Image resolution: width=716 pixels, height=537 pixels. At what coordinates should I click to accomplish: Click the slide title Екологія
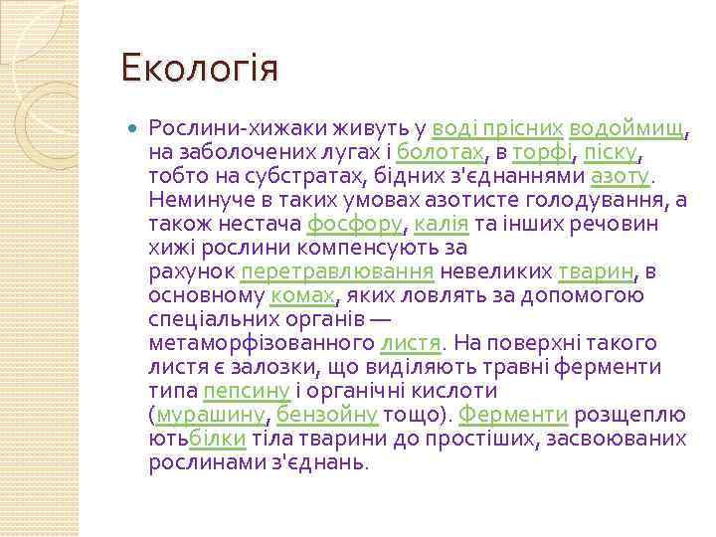(x=199, y=70)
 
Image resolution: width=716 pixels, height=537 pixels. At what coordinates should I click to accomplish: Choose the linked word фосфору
(x=355, y=224)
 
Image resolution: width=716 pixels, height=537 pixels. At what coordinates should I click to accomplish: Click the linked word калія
(x=437, y=224)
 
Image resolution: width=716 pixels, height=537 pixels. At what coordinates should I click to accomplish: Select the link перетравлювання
(x=337, y=271)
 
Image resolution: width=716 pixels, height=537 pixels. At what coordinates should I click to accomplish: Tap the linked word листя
(x=410, y=343)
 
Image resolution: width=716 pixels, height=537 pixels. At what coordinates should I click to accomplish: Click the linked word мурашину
(x=210, y=414)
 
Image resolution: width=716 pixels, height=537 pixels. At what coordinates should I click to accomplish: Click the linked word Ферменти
(x=513, y=414)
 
